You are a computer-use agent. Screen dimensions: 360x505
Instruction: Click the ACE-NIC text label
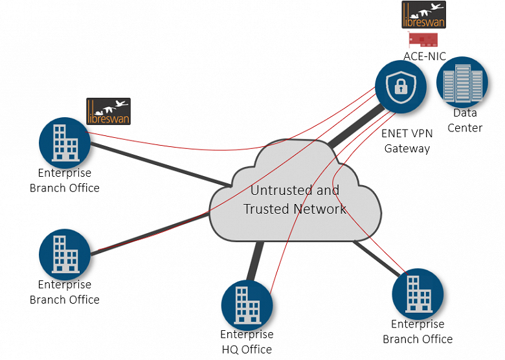[425, 56]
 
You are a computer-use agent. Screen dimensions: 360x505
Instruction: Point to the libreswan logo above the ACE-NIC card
[423, 14]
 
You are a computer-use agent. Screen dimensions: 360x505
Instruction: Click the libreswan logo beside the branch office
[108, 111]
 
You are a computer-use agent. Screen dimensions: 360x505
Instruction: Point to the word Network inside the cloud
[319, 208]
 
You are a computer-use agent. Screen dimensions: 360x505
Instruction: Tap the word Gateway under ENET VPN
[407, 148]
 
